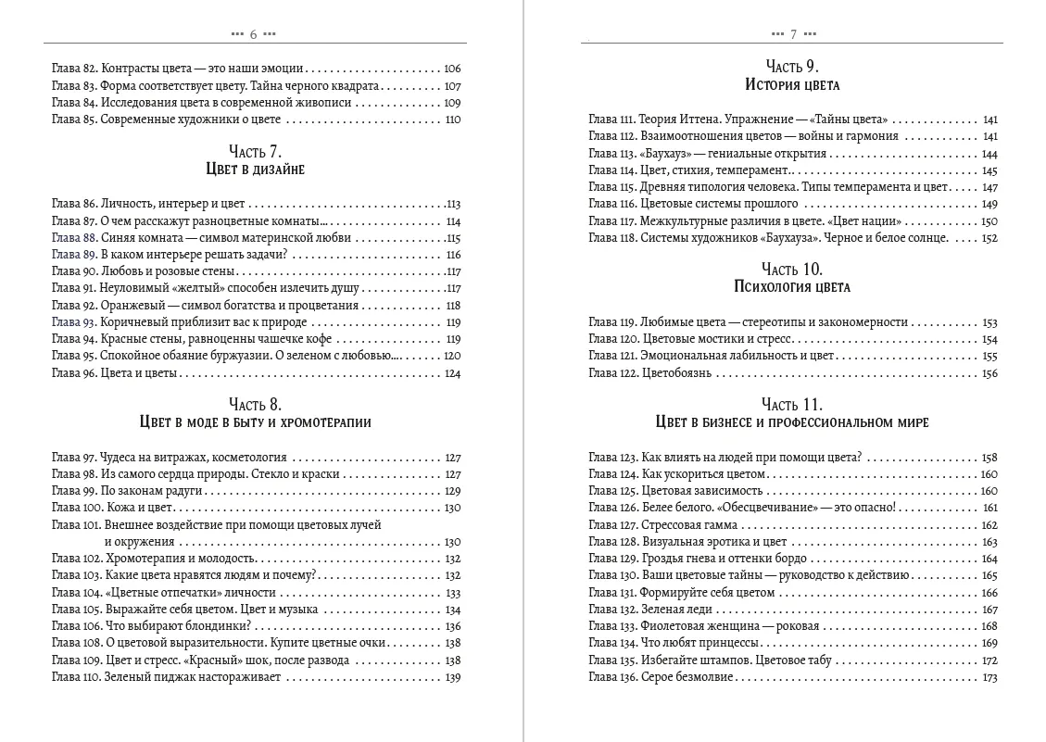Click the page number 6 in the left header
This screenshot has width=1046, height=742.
253,34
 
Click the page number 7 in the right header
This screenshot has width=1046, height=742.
793,34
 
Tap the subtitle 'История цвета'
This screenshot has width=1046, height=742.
792,84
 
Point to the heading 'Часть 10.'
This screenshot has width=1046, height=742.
792,270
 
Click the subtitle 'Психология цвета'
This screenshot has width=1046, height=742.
792,287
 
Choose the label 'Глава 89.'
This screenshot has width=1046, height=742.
73,255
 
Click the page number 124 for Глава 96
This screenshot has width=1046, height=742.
452,373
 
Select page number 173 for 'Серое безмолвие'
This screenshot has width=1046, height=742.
989,677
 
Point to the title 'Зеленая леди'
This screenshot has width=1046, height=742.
674,610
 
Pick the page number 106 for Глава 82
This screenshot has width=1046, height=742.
452,69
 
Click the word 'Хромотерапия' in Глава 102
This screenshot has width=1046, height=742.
147,559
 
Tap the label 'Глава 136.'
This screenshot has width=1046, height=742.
612,677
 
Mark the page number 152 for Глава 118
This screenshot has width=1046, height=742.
989,238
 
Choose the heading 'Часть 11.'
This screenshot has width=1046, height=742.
792,405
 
